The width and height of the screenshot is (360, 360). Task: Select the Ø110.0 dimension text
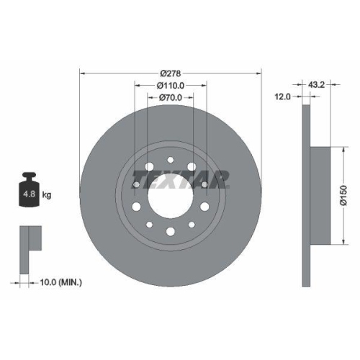tap(171, 85)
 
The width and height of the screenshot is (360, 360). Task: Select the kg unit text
tap(47, 194)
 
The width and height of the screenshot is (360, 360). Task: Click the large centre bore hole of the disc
tap(171, 195)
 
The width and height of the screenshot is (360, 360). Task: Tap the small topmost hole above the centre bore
tap(171, 160)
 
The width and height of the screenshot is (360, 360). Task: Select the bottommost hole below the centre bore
tap(171, 232)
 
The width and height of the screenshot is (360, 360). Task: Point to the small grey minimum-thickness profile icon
tap(29, 240)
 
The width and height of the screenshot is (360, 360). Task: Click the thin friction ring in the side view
tap(305, 195)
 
